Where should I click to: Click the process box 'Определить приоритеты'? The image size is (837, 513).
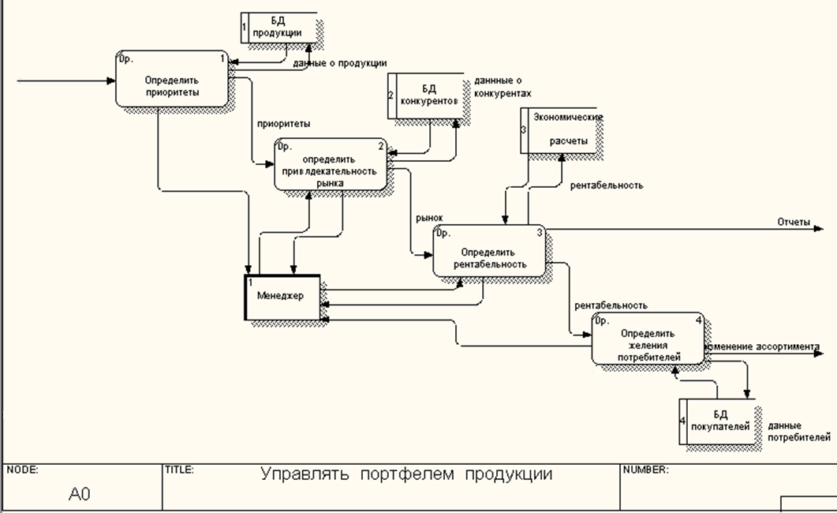(171, 79)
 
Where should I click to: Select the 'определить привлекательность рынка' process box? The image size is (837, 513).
(331, 164)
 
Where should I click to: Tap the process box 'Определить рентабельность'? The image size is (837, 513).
(489, 251)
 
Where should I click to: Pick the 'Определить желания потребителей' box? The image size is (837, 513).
(647, 338)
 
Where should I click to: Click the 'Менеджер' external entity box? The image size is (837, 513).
(282, 297)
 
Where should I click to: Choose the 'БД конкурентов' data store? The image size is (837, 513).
(427, 95)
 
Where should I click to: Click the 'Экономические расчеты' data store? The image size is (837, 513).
(560, 130)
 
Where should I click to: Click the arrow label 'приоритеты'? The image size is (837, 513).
(283, 124)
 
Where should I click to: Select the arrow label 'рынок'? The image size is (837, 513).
(430, 218)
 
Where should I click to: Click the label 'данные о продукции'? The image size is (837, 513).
(339, 63)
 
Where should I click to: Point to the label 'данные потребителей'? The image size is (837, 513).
(798, 430)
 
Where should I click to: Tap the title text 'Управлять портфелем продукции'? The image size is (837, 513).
(406, 474)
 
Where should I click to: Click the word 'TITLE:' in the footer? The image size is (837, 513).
(179, 470)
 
